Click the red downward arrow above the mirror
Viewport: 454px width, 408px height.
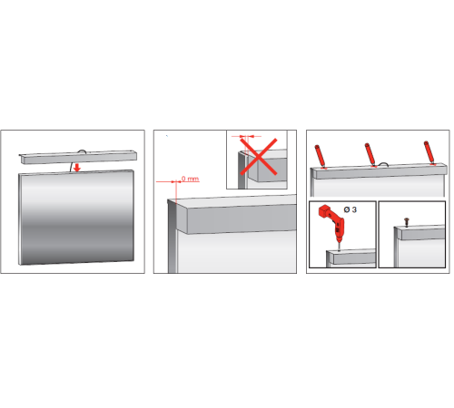click(77, 168)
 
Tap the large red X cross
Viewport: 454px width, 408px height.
click(259, 157)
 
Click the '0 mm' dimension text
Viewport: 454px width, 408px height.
click(191, 179)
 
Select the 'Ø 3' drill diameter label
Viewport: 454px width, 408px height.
click(350, 209)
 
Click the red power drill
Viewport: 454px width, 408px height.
click(332, 224)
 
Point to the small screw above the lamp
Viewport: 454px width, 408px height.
click(407, 222)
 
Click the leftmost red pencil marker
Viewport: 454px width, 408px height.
click(320, 156)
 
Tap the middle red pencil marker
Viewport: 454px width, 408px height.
click(370, 154)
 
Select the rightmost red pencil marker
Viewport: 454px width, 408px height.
click(429, 152)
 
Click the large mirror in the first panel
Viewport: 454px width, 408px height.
click(76, 218)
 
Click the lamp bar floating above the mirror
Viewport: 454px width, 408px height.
click(78, 157)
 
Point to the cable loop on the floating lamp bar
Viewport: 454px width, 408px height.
click(82, 151)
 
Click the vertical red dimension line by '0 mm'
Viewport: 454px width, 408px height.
click(176, 191)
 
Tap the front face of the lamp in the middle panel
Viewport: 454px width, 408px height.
click(242, 219)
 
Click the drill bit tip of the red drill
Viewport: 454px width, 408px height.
click(339, 249)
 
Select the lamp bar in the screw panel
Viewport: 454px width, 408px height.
click(419, 233)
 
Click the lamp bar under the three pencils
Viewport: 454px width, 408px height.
click(380, 171)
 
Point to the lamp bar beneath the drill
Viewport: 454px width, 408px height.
click(351, 257)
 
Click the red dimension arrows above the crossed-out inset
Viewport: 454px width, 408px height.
click(246, 136)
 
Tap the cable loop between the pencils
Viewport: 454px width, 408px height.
click(383, 163)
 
